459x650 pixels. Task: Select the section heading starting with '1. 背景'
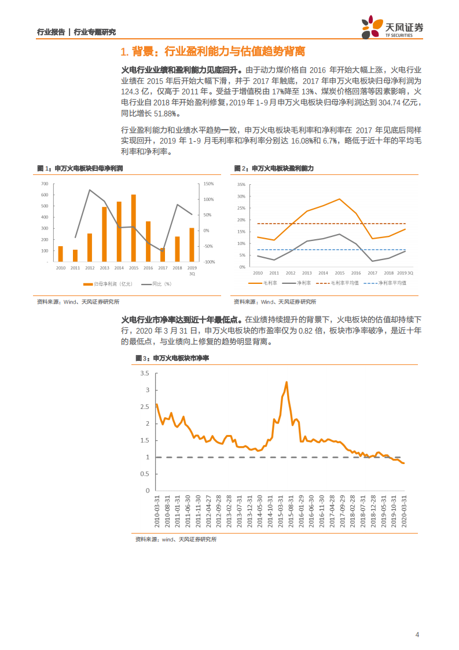click(211, 52)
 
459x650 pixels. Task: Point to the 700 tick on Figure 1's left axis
click(45, 184)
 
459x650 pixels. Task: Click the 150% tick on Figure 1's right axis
click(209, 184)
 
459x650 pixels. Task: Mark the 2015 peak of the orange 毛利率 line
click(339, 199)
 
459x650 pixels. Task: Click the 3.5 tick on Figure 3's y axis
click(145, 374)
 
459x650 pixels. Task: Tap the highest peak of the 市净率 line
click(287, 382)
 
